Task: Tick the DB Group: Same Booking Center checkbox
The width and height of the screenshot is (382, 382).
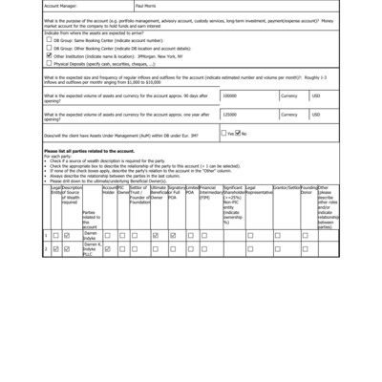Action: pyautogui.click(x=50, y=41)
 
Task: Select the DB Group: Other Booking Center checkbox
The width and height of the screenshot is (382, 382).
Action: pyautogui.click(x=50, y=49)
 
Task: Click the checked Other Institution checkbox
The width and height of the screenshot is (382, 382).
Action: pyautogui.click(x=50, y=56)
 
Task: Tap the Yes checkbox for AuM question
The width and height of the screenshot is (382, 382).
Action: pyautogui.click(x=224, y=133)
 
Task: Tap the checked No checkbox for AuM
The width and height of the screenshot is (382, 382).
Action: pyautogui.click(x=239, y=133)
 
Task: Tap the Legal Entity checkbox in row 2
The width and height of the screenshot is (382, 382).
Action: pyautogui.click(x=55, y=249)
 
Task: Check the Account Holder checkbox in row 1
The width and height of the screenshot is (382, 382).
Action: pyautogui.click(x=108, y=234)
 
